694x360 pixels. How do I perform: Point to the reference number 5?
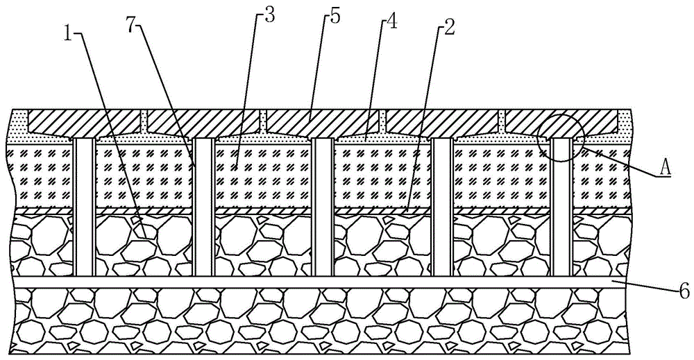pos(335,16)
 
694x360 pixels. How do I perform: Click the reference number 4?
pos(391,23)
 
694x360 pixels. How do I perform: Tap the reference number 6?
pos(683,291)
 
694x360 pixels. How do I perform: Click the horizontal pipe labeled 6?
pos(347,283)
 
